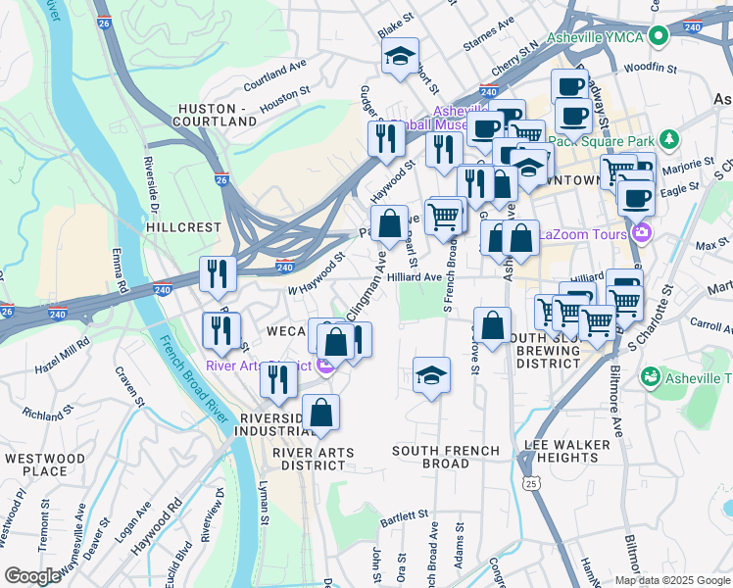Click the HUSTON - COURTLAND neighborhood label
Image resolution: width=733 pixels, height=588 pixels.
(216, 114)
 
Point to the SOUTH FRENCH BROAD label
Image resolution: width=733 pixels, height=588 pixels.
(446, 457)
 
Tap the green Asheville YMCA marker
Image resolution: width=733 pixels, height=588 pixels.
(660, 37)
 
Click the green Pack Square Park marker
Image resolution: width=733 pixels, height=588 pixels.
(669, 138)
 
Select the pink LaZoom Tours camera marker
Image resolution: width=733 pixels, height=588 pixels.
(642, 232)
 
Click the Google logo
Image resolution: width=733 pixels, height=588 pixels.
(33, 576)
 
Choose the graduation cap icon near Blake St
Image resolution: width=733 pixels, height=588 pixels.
(400, 57)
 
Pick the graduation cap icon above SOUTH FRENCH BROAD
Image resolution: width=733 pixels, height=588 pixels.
(431, 376)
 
